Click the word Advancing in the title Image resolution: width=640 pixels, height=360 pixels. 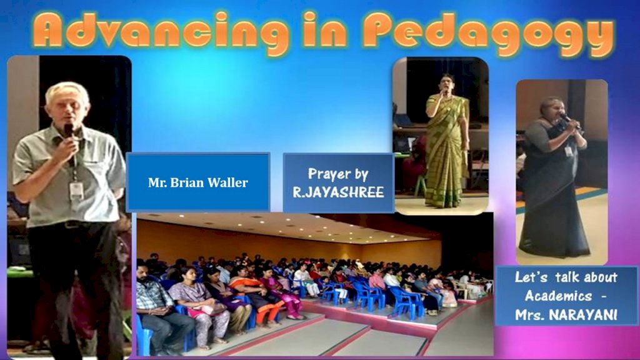(161, 31)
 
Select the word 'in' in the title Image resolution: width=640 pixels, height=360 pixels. (325, 29)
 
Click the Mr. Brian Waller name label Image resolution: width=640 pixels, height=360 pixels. (198, 182)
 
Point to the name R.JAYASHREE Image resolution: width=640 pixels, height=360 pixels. (338, 192)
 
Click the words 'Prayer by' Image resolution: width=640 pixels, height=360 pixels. (338, 174)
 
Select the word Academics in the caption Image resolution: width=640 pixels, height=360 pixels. (558, 296)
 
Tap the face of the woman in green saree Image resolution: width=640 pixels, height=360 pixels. (446, 85)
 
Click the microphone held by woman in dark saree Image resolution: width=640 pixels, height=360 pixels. (569, 121)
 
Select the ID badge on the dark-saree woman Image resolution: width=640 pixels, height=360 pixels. (568, 152)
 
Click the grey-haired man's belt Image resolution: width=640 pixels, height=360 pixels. (69, 224)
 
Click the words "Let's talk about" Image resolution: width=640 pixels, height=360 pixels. (566, 277)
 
